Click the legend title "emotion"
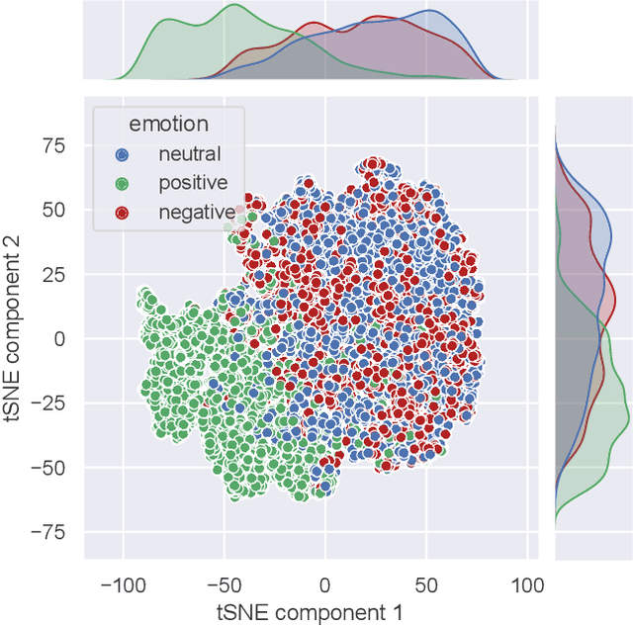point(168,125)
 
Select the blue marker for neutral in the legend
point(122,154)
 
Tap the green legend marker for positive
point(122,183)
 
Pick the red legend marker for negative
point(122,212)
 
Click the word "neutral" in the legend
point(190,154)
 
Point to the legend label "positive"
point(194,183)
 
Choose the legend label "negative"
point(197,212)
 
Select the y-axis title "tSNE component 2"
point(18,337)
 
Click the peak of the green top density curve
point(234,6)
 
